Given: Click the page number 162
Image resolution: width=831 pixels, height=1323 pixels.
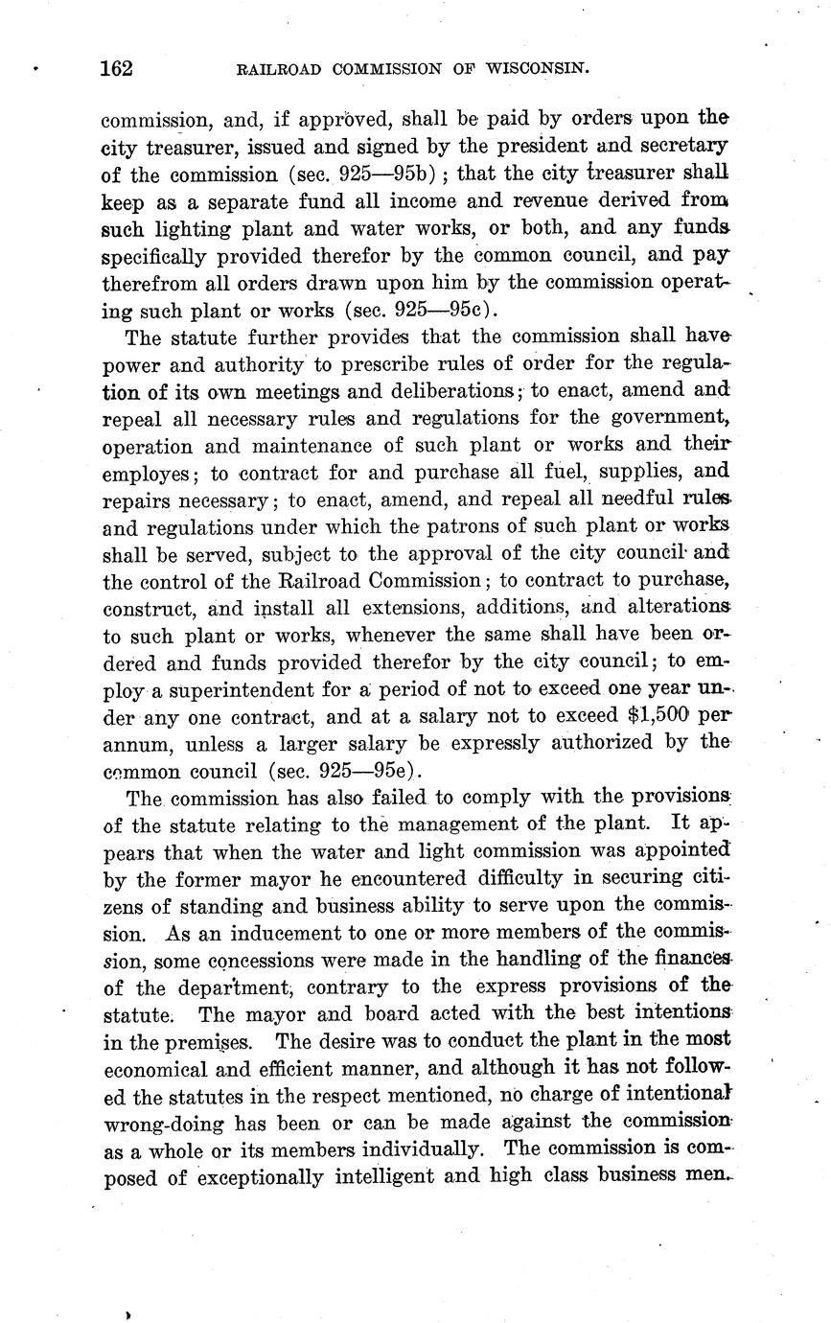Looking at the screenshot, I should coord(116,69).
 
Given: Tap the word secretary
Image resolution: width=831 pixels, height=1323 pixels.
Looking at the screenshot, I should coord(681,148).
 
